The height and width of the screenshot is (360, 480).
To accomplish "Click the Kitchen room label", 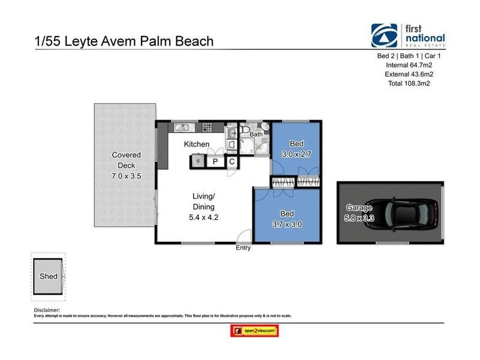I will click(196, 144).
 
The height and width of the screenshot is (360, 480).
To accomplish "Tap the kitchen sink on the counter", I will click(181, 127).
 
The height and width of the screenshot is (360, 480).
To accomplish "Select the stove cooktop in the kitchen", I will click(208, 127).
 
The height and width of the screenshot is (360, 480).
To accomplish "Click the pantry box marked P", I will click(214, 161).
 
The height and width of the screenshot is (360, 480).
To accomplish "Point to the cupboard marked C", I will click(232, 161).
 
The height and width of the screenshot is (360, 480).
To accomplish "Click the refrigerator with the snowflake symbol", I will click(198, 161).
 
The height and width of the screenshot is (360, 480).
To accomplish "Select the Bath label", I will click(256, 134).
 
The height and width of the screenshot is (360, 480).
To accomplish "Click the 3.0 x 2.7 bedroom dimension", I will click(296, 154).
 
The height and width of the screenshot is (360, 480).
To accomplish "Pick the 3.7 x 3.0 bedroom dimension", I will click(287, 224).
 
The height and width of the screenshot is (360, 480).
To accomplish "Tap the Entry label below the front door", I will click(244, 248).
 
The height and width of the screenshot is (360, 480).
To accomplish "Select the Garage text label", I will click(359, 208).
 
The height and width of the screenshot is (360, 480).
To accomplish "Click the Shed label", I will click(49, 277).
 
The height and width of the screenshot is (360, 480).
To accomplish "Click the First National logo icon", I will click(383, 35).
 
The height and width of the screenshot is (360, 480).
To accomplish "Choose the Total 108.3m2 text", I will click(409, 83).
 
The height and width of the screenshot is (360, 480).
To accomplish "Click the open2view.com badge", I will click(254, 331).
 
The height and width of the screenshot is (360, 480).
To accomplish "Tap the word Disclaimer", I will click(48, 310).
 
